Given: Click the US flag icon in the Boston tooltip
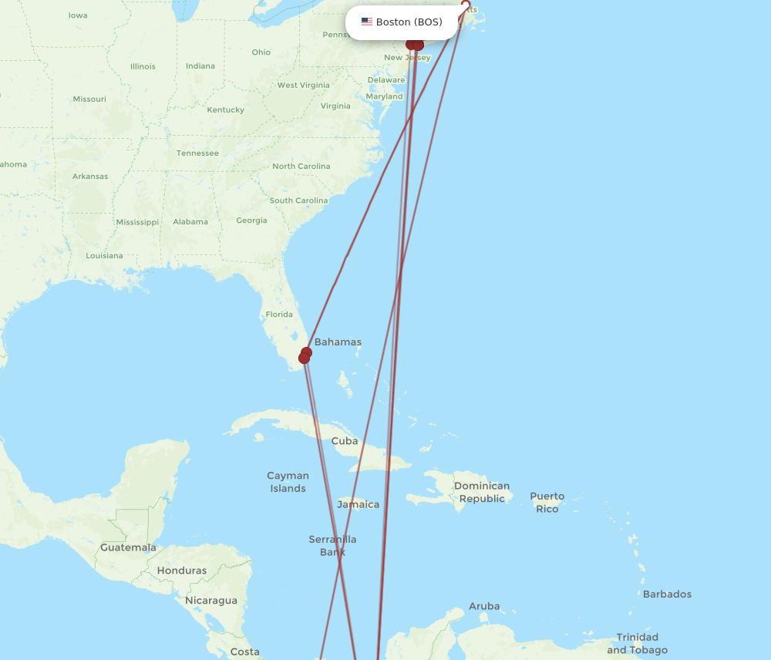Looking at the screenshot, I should (x=367, y=22).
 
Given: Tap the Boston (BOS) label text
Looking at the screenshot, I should (x=409, y=22).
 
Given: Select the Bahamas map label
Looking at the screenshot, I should (x=338, y=342).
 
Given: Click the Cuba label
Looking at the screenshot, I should (x=345, y=441).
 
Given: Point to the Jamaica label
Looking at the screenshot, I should (x=359, y=504).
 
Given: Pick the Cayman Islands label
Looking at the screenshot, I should (x=288, y=482).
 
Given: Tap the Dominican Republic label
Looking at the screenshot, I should (x=482, y=492).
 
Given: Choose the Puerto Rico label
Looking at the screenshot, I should (x=547, y=502).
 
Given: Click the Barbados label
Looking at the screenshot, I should (x=667, y=594).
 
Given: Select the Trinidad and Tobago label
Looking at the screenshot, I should (x=637, y=643).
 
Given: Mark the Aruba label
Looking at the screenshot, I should (x=484, y=606).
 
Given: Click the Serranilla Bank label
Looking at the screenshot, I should (x=332, y=546).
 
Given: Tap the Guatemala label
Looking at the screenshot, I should (x=128, y=547).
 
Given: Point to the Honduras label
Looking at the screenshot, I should (x=182, y=571).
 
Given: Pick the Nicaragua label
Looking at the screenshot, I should (x=211, y=600).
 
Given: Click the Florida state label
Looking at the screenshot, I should (x=279, y=315).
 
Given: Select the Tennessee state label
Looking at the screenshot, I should (x=197, y=153).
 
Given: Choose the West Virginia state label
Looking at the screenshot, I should (x=303, y=86).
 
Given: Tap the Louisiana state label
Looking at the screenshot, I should (x=104, y=255).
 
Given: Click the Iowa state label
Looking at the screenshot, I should (x=78, y=15).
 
